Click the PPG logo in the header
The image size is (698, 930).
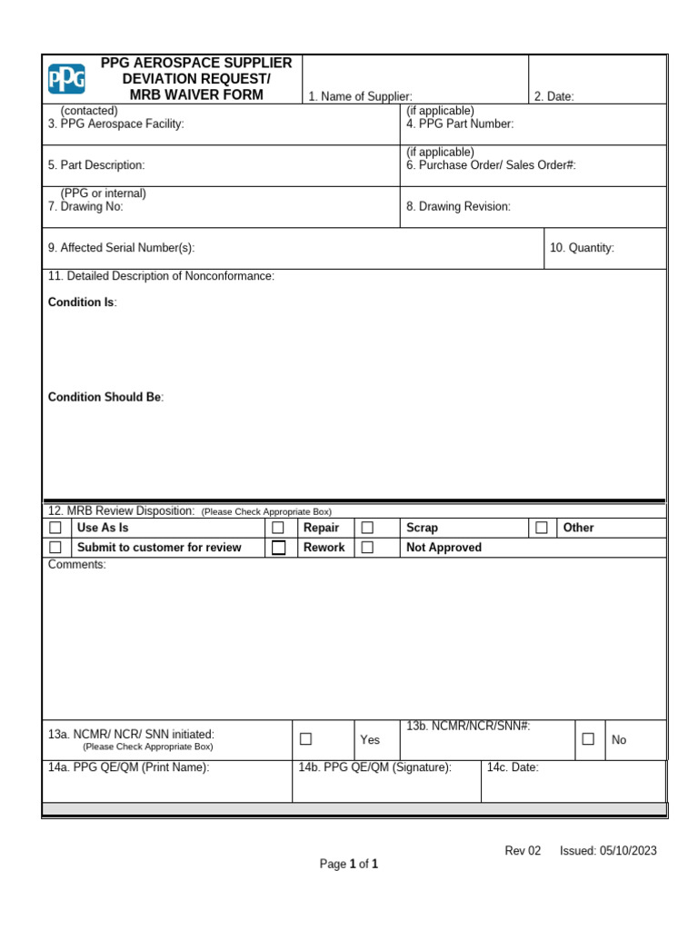click(66, 79)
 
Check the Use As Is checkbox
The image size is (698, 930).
click(55, 528)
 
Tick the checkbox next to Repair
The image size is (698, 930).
click(278, 528)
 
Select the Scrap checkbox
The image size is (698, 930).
click(367, 528)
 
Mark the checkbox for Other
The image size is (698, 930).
click(542, 528)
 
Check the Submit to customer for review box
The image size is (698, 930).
click(55, 548)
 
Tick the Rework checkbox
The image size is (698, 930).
click(278, 548)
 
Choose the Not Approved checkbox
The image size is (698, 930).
click(367, 548)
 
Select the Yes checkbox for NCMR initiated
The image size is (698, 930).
click(306, 739)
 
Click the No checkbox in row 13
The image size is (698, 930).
click(588, 739)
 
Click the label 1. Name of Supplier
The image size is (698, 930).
click(360, 96)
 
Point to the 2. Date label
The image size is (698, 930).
click(553, 96)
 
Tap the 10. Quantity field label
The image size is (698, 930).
click(582, 248)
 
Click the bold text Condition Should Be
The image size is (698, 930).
click(105, 398)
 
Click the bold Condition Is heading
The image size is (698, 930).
click(82, 302)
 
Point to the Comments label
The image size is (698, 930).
click(76, 565)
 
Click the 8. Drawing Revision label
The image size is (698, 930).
click(458, 206)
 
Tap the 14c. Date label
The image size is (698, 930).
click(513, 767)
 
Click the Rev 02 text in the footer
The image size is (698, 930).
click(523, 851)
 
